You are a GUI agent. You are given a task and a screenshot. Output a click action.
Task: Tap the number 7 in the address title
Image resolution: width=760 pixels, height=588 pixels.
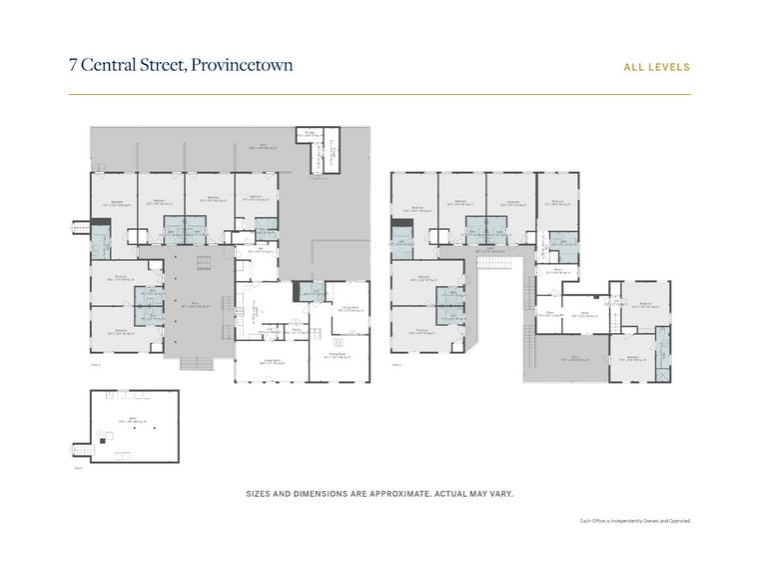click(x=73, y=66)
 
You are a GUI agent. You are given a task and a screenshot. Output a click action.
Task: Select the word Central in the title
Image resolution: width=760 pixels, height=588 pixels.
click(x=108, y=66)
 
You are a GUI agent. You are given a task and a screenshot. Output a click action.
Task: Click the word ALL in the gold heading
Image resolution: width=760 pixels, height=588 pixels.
click(x=634, y=68)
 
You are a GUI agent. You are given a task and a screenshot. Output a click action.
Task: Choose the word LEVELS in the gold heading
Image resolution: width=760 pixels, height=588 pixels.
click(x=670, y=68)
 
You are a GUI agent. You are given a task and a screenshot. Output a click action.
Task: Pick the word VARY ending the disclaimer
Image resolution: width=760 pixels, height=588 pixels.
click(x=500, y=494)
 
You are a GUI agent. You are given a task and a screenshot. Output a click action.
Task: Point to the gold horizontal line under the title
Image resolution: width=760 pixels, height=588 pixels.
click(x=380, y=94)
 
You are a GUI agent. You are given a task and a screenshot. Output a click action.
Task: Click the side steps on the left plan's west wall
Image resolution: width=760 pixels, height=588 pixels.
click(x=79, y=228)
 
